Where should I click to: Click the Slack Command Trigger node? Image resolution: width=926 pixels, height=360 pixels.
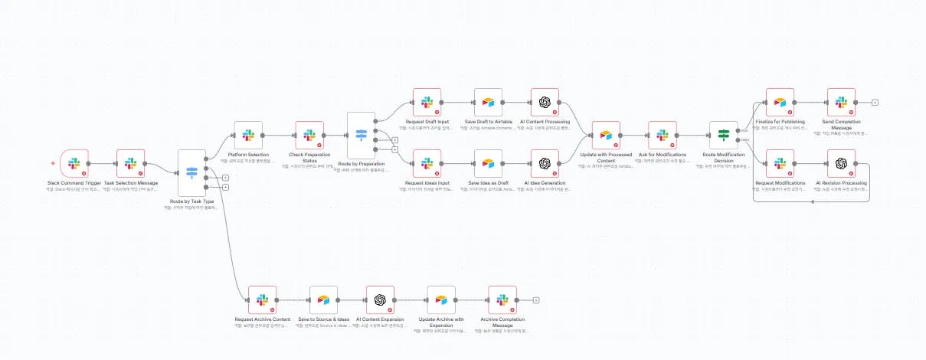tap(74, 164)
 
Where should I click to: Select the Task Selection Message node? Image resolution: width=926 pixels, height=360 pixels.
tap(131, 164)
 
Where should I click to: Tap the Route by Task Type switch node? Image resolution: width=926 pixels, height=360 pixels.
tap(191, 172)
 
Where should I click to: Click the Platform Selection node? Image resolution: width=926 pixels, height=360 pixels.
tap(248, 135)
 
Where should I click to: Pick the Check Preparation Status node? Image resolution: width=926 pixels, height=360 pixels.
tap(309, 135)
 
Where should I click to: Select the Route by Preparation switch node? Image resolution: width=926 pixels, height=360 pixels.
tap(361, 135)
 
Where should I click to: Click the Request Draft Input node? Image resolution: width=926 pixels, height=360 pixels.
tap(427, 103)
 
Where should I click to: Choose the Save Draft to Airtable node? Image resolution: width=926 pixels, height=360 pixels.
tap(488, 103)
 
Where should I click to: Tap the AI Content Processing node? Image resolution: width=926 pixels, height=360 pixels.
tap(545, 103)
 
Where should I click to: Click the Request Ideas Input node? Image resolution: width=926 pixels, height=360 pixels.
tap(427, 163)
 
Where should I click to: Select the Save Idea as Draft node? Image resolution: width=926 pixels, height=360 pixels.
tap(488, 163)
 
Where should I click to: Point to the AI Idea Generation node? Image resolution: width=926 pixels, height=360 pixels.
tap(545, 163)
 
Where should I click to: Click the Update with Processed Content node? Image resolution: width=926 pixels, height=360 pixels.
tap(606, 135)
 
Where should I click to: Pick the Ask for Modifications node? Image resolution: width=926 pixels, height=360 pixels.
tap(662, 135)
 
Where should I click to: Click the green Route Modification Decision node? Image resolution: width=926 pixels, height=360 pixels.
tap(723, 135)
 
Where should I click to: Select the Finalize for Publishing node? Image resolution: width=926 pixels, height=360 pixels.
tap(780, 103)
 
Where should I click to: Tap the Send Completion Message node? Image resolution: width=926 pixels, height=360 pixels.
tap(841, 103)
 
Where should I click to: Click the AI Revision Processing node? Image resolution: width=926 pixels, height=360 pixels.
tap(841, 163)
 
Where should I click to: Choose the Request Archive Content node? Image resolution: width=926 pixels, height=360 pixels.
tap(262, 300)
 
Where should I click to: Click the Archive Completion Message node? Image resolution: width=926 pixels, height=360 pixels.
tap(502, 300)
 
